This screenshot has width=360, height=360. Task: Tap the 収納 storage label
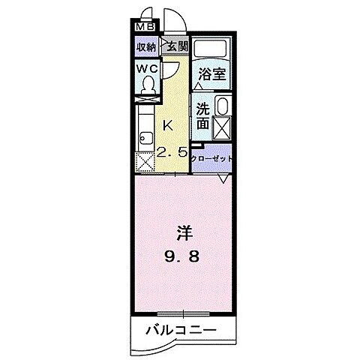pyautogui.click(x=145, y=46)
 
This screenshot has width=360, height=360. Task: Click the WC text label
pyautogui.click(x=147, y=68)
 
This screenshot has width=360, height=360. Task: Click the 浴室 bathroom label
pyautogui.click(x=211, y=73)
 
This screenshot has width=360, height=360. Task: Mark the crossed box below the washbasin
pyautogui.click(x=222, y=127)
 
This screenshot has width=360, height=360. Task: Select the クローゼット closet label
pyautogui.click(x=212, y=159)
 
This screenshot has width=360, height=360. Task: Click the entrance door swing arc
pyautogui.click(x=172, y=15)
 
